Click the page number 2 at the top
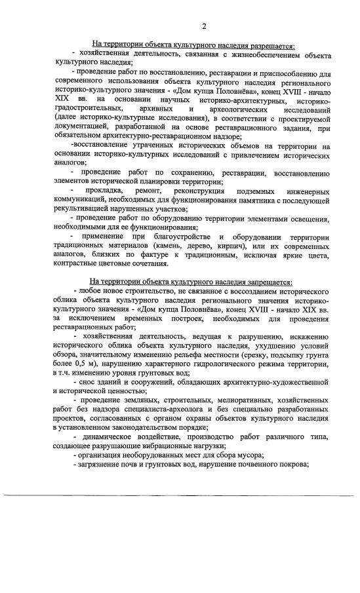[204, 26]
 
